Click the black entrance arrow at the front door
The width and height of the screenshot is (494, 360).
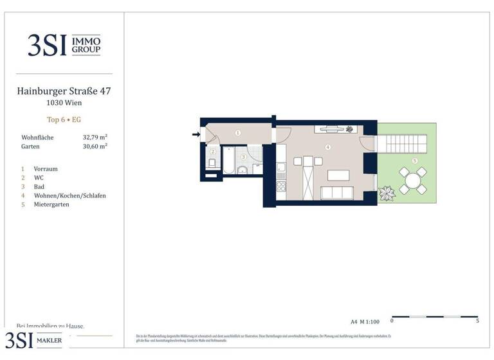pyautogui.click(x=196, y=134)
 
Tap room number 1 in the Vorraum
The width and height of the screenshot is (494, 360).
pyautogui.click(x=237, y=133)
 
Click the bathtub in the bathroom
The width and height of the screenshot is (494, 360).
pyautogui.click(x=228, y=160)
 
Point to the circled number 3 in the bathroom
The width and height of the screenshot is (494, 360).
pyautogui.click(x=243, y=157)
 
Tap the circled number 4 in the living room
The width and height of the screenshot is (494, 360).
pyautogui.click(x=328, y=147)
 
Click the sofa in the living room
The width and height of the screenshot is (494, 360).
pyautogui.click(x=336, y=193)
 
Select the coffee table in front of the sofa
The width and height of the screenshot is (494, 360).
pyautogui.click(x=338, y=175)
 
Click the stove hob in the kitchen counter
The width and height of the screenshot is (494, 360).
pyautogui.click(x=280, y=186)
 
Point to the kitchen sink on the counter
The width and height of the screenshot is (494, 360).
pyautogui.click(x=280, y=168)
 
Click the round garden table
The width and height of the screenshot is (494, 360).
pyautogui.click(x=412, y=181)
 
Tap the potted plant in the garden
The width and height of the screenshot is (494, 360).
pyautogui.click(x=388, y=193)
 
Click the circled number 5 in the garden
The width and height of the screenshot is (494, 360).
pyautogui.click(x=415, y=161)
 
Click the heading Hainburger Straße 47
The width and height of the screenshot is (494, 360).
pyautogui.click(x=64, y=91)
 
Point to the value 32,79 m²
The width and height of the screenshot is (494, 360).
pyautogui.click(x=95, y=138)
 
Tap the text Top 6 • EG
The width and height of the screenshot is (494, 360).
pyautogui.click(x=64, y=120)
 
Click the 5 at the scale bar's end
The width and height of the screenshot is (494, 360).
pyautogui.click(x=477, y=321)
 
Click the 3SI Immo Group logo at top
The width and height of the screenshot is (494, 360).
pyautogui.click(x=64, y=46)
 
